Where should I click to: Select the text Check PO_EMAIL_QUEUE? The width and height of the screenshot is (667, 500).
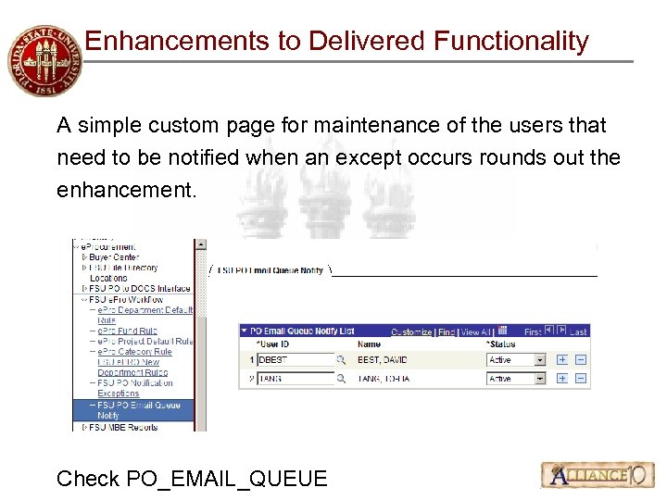(x=192, y=478)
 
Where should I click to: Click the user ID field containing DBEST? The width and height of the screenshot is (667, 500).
(x=295, y=360)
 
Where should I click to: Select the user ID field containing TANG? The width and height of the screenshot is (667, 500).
(x=295, y=379)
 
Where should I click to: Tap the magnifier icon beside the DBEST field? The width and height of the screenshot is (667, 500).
(x=341, y=360)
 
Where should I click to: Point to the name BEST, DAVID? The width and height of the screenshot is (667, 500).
(x=383, y=360)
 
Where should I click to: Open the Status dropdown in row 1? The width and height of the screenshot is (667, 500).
(x=540, y=360)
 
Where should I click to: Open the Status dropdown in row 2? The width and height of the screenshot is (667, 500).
(x=540, y=379)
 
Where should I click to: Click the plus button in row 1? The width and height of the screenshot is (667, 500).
(x=562, y=360)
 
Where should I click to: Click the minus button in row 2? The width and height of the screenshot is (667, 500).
(x=581, y=379)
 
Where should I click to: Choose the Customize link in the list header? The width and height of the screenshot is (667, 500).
(x=411, y=331)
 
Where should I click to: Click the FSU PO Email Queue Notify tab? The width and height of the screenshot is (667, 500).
(x=269, y=270)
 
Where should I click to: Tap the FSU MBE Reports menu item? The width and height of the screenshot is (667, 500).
(x=125, y=427)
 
